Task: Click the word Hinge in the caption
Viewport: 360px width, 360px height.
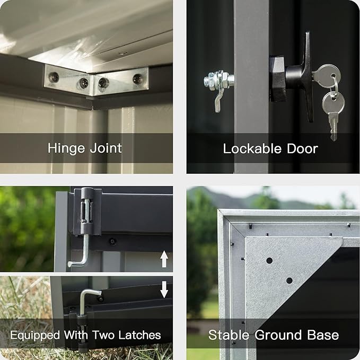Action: pyautogui.click(x=66, y=148)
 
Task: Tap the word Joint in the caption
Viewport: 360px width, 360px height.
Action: pyautogui.click(x=106, y=148)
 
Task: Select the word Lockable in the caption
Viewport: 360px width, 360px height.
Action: pyautogui.click(x=252, y=149)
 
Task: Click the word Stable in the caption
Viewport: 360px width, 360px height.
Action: pyautogui.click(x=229, y=335)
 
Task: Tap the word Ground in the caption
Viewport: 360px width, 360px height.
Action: pyautogui.click(x=278, y=335)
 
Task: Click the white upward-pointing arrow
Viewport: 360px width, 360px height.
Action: pyautogui.click(x=164, y=259)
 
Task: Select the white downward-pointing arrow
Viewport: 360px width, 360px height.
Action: pyautogui.click(x=164, y=289)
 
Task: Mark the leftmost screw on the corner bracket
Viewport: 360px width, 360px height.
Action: pyautogui.click(x=54, y=77)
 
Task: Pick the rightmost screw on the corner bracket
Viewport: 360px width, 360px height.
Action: pyautogui.click(x=138, y=79)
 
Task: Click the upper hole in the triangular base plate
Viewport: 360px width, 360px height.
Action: pyautogui.click(x=269, y=260)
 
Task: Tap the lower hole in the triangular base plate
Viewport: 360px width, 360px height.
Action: pyautogui.click(x=289, y=280)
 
